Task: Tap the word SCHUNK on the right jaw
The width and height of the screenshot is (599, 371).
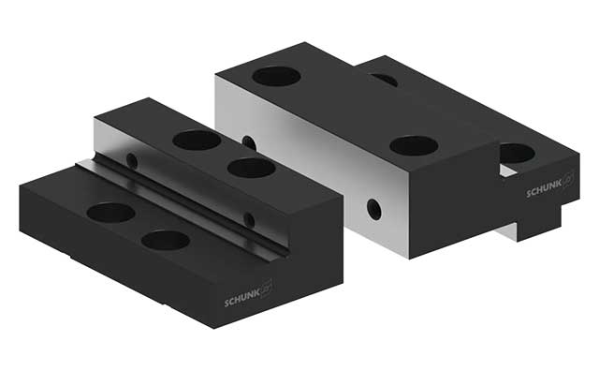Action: click(544, 189)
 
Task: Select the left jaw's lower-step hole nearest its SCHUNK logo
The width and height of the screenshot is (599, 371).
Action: click(165, 240)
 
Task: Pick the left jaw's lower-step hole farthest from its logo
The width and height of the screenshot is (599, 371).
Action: click(110, 213)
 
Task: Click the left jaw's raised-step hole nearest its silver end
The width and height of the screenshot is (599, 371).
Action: click(197, 140)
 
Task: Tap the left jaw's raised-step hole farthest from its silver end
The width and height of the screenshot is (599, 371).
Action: click(251, 169)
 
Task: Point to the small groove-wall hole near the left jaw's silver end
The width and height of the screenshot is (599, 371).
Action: click(132, 160)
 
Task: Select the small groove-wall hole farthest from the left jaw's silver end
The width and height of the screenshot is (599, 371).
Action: click(249, 219)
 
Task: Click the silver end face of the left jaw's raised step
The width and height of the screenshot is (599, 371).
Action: click(110, 136)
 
